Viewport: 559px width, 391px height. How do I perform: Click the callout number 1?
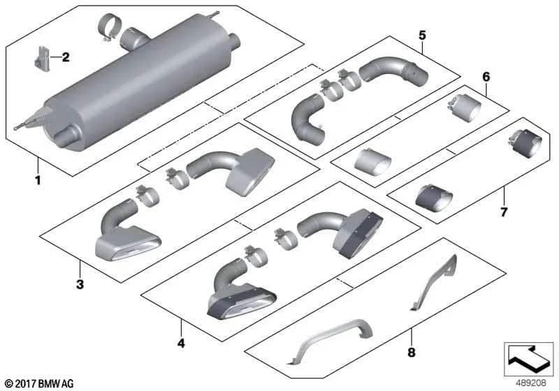pyautogui.click(x=38, y=180)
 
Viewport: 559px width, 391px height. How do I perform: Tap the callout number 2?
pyautogui.click(x=66, y=57)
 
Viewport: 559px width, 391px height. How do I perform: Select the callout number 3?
pyautogui.click(x=80, y=285)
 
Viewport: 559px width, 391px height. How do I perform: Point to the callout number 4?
pyautogui.click(x=181, y=344)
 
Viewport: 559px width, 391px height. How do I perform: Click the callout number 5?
pyautogui.click(x=422, y=35)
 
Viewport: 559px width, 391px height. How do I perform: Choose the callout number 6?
pyautogui.click(x=486, y=77)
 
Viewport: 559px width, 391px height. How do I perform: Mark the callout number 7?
pyautogui.click(x=503, y=212)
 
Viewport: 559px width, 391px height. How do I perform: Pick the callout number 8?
pyautogui.click(x=412, y=353)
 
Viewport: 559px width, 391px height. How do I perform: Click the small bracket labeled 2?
pyautogui.click(x=42, y=59)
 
